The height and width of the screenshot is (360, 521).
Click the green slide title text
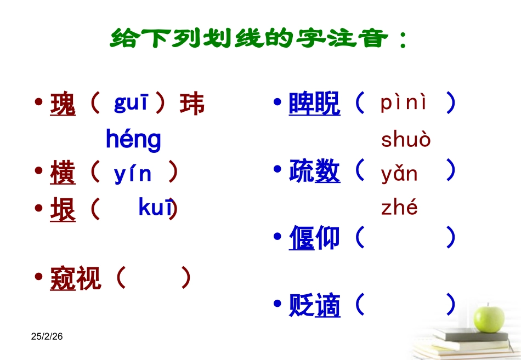pos(259,38)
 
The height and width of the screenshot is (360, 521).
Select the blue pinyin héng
pos(133,140)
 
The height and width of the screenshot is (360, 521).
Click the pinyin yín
pos(133,173)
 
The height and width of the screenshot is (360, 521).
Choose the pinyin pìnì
pos(404,103)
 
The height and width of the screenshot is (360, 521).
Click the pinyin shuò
pos(406,140)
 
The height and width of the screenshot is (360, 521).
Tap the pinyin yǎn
pos(399,174)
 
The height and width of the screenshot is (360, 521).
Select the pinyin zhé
pos(399,208)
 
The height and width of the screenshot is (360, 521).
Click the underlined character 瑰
pos(63,104)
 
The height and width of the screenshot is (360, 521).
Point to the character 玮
pos(192,104)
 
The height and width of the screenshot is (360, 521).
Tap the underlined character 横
pos(63,174)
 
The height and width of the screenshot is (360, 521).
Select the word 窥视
pos(75,278)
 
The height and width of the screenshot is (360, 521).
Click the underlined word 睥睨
pos(314,104)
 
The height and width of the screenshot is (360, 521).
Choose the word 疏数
pos(314,172)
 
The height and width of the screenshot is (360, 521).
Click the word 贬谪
pos(314,306)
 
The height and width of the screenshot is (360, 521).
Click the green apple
pos(489,318)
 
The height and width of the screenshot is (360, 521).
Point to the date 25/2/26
pos(47,336)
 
